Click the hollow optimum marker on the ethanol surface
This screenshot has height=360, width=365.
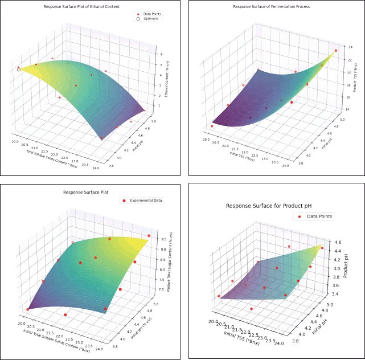point(19,69)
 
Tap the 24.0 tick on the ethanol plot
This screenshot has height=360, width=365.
point(99,167)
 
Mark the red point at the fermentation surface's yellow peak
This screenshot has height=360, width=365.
point(336,51)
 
